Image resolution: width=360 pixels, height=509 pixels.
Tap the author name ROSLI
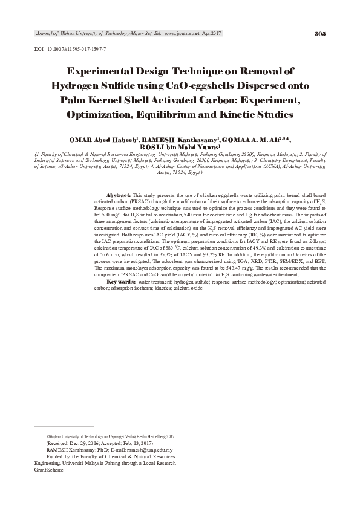point(151,147)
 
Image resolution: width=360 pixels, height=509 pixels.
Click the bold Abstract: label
point(119,196)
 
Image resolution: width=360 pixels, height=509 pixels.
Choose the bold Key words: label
point(121,282)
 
